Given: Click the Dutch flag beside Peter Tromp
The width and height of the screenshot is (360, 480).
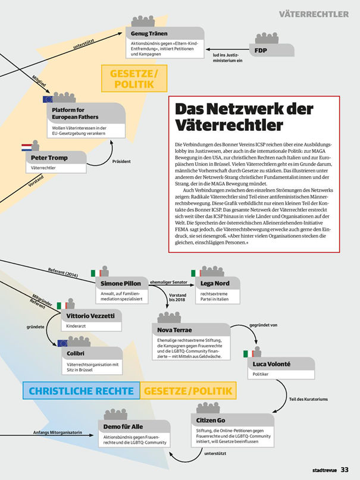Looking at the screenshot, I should click(x=27, y=146).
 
